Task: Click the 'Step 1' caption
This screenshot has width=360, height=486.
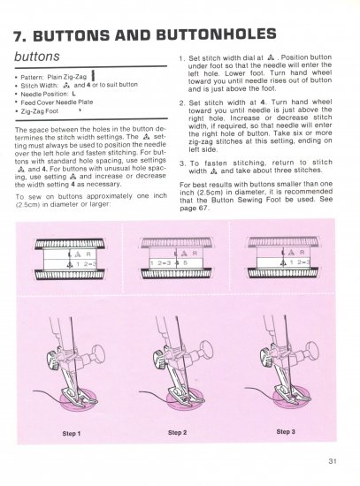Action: pos(71,434)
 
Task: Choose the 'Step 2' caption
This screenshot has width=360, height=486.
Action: pos(177,434)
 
